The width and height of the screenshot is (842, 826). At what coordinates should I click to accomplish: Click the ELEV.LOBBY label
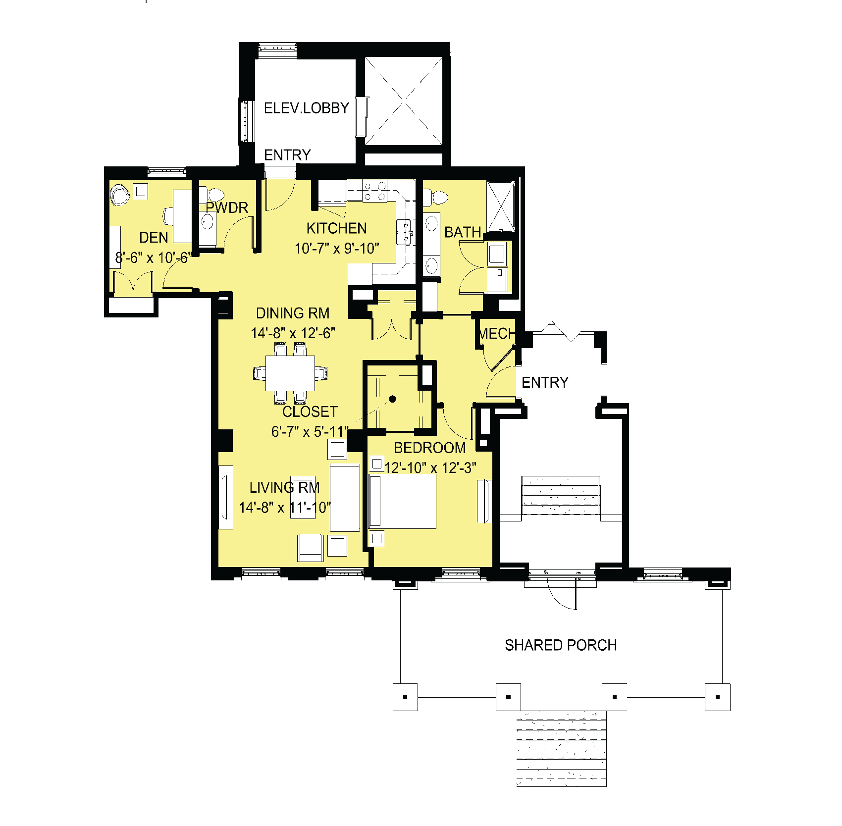point(307,108)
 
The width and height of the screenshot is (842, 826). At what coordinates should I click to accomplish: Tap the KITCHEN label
point(337,228)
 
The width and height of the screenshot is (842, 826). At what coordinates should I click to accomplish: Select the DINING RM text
point(293,313)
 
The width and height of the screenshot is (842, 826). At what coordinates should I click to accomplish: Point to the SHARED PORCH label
point(561,645)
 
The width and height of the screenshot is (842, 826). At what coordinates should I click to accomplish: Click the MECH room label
point(497,334)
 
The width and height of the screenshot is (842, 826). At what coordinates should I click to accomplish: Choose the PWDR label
point(227,207)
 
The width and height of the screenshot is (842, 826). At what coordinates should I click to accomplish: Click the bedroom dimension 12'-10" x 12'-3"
point(430,468)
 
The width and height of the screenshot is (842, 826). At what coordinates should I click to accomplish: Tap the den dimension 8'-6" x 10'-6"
point(153,258)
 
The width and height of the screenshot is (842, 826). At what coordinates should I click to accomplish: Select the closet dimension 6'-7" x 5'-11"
point(310,432)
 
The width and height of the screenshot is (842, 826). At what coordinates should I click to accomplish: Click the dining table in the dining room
point(290,373)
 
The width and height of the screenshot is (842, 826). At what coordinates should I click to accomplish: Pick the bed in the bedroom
point(403,501)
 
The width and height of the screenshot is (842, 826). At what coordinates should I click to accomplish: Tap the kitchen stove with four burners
point(374,191)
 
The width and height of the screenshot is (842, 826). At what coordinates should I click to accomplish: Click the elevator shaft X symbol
point(404,102)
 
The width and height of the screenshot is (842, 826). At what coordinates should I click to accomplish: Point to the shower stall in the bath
point(501,206)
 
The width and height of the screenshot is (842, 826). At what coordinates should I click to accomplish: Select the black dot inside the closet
point(393,399)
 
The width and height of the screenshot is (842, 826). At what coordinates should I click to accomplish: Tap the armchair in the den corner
point(120,195)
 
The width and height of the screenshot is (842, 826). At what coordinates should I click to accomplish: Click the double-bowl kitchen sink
point(404,232)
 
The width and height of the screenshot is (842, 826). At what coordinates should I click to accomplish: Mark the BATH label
point(463,232)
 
